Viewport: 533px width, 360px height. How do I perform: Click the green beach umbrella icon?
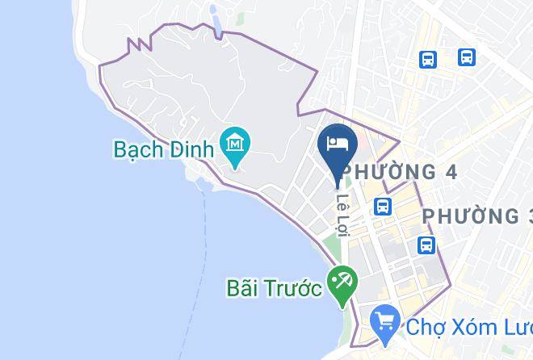[342, 283]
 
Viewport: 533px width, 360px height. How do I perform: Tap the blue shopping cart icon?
[385, 323]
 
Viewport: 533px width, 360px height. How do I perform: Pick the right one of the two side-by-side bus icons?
[466, 57]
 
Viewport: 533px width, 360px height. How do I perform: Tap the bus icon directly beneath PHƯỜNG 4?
[384, 206]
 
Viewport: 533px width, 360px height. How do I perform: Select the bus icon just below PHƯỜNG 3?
[425, 245]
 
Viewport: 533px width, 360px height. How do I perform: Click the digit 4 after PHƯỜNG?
[451, 171]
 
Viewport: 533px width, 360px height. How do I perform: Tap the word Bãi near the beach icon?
[243, 288]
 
